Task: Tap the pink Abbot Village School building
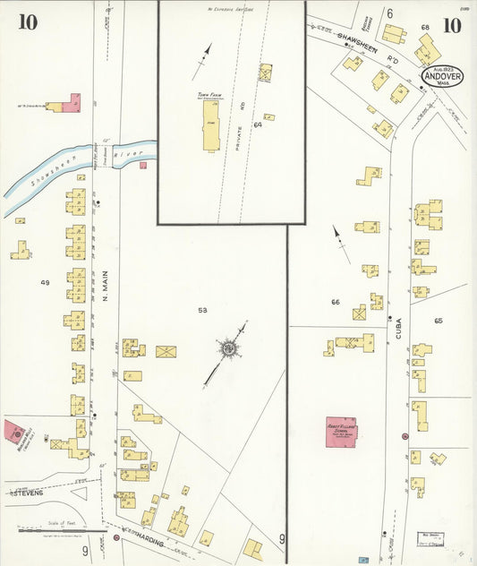point(341,431)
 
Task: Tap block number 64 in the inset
point(257,124)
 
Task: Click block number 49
point(45,282)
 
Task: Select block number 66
point(335,303)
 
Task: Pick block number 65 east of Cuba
point(439,320)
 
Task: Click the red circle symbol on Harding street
point(116,539)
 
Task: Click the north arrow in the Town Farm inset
point(208,51)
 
